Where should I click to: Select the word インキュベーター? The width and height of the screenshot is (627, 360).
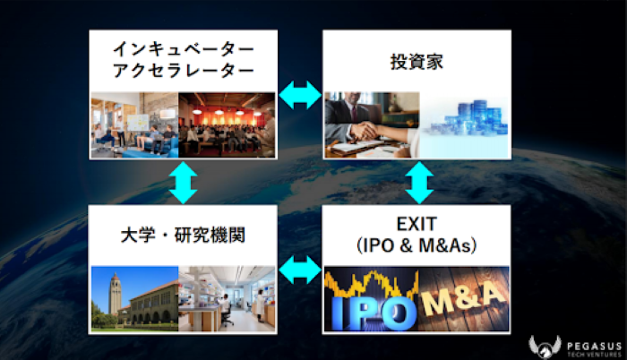pos(183,48)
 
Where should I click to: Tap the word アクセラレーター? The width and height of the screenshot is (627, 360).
pos(183,73)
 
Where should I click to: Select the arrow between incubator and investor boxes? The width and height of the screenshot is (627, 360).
pos(300,95)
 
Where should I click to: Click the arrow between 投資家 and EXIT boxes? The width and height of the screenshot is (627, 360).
pos(417,182)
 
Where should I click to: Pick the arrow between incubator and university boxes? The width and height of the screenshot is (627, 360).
pos(183,182)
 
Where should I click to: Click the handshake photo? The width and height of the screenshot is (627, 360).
pos(369,124)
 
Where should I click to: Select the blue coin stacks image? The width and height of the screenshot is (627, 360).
pos(464,124)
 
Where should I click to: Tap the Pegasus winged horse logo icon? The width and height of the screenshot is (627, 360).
pos(544,345)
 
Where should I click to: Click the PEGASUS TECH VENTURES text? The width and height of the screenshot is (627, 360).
pos(588,346)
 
